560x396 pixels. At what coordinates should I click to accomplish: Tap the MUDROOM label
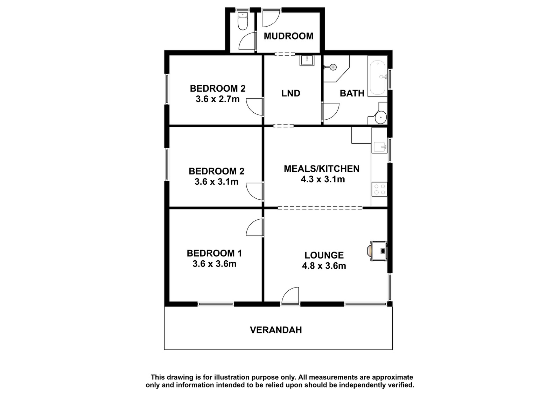click(x=288, y=36)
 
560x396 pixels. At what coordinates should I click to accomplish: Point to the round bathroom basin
click(x=381, y=117)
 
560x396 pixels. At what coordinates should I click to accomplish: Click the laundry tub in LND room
click(x=307, y=60)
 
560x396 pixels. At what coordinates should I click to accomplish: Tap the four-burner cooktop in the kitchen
click(x=379, y=189)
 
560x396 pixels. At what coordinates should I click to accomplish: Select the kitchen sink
click(x=379, y=147)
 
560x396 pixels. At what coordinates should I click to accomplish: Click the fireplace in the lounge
click(x=378, y=251)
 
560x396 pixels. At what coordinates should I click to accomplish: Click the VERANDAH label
click(x=276, y=330)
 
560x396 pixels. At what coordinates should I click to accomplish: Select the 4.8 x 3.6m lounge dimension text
click(x=324, y=266)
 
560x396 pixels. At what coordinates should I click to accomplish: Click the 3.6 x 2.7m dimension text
click(x=217, y=99)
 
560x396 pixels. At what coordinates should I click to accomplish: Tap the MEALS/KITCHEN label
click(x=322, y=169)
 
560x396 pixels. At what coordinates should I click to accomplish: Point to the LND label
click(x=291, y=93)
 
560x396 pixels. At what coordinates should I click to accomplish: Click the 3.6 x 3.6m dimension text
click(x=215, y=264)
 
